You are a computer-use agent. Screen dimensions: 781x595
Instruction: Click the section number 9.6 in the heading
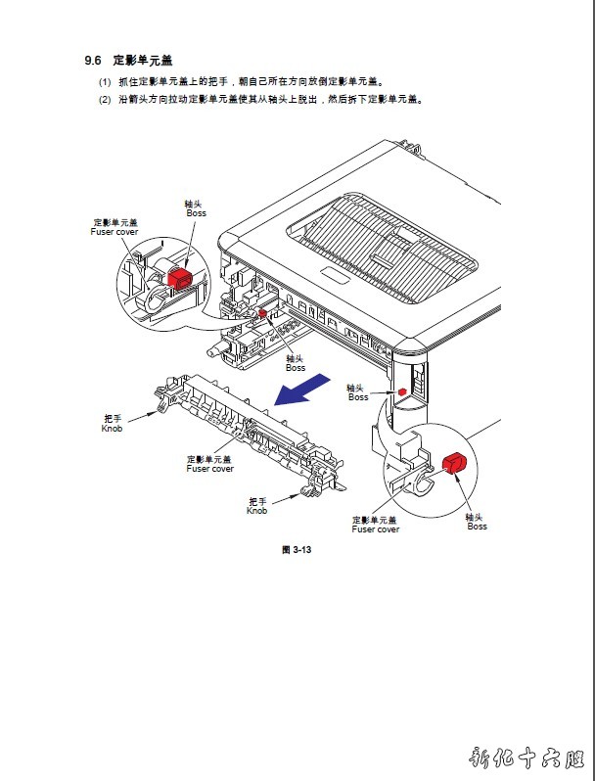93,60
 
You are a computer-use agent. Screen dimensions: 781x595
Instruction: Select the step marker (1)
104,82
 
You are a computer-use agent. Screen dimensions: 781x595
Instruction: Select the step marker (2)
104,99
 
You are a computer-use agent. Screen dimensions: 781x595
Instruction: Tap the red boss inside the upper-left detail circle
179,278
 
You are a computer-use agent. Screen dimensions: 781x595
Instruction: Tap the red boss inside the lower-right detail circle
453,462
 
